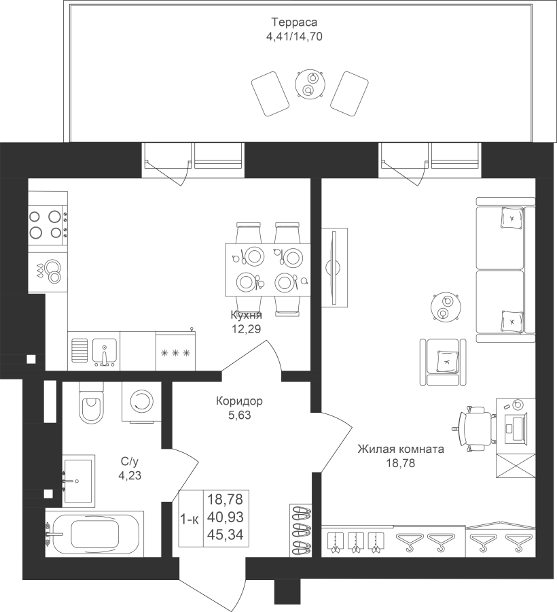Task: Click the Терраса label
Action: tap(294, 22)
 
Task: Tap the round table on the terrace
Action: tap(310, 84)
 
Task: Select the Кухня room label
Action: tap(247, 315)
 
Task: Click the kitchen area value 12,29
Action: tap(247, 329)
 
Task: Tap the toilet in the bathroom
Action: tap(92, 402)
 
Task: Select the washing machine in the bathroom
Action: tap(141, 401)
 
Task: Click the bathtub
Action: tap(94, 534)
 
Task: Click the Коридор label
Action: tap(239, 401)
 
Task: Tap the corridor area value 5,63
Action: tap(240, 415)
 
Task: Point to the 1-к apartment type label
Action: tap(190, 520)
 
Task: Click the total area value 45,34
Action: tap(226, 534)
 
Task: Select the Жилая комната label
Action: tap(401, 449)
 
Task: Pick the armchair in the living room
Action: tap(443, 362)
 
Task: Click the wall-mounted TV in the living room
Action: tap(334, 268)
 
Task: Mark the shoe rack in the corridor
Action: tap(300, 530)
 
